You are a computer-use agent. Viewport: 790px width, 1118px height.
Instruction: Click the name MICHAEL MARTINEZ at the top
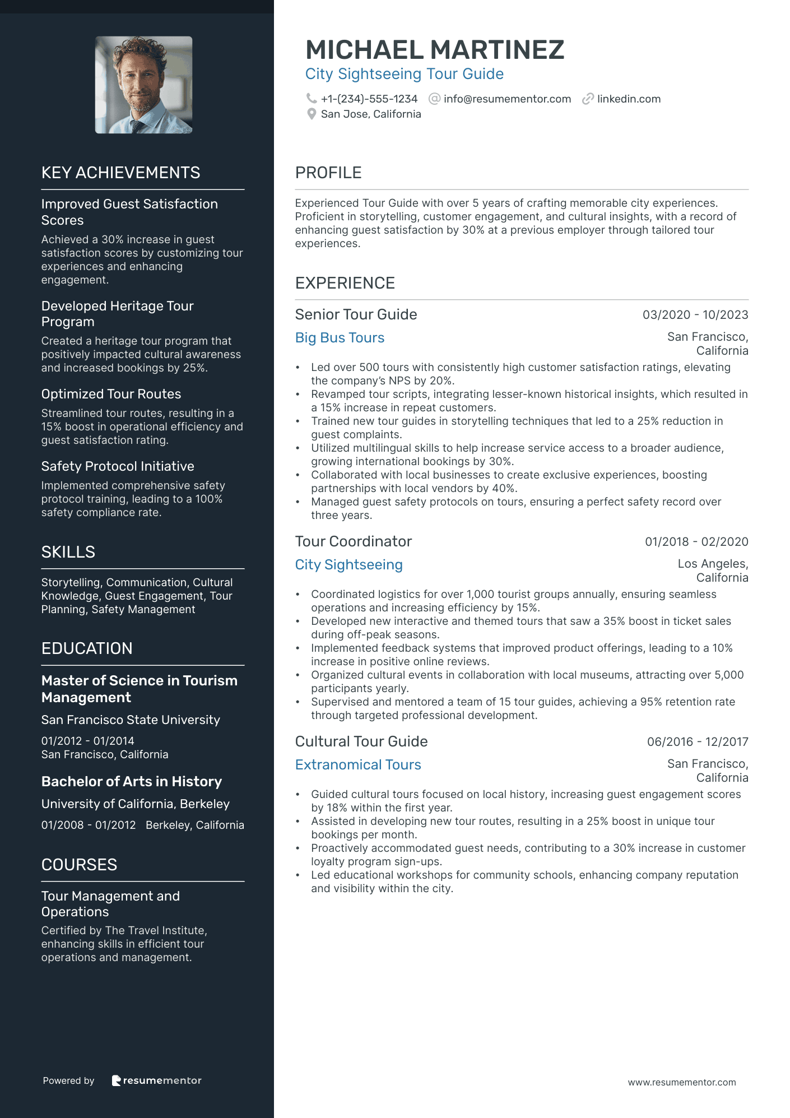[435, 50]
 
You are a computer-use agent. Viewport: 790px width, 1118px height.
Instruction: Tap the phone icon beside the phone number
[311, 99]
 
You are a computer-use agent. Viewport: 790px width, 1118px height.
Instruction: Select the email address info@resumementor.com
[507, 99]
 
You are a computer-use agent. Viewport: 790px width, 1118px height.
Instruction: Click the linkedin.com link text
[629, 99]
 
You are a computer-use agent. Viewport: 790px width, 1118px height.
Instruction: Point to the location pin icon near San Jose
[312, 114]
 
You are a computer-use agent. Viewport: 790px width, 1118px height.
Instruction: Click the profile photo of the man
[143, 85]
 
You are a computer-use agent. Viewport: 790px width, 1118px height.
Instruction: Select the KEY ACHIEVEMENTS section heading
[120, 173]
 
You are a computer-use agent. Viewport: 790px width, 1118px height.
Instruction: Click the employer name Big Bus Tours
[340, 338]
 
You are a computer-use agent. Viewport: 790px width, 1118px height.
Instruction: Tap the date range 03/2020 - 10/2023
[695, 315]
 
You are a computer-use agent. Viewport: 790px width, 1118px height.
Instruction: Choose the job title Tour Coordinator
[353, 541]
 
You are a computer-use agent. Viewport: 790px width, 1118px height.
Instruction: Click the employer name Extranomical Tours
[358, 765]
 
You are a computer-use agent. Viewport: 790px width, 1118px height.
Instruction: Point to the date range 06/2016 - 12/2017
[697, 742]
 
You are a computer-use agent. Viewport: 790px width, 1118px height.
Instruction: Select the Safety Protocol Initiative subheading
[118, 466]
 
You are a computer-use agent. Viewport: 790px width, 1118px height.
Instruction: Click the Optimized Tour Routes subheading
[111, 394]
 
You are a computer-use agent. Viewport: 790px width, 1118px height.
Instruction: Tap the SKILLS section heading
[68, 552]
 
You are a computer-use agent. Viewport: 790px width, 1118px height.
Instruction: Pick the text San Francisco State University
[131, 720]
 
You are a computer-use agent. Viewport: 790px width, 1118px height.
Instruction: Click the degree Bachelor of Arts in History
[132, 782]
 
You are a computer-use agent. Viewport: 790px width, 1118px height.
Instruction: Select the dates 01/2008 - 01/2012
[89, 825]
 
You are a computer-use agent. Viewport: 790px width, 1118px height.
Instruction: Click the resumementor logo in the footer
[156, 1080]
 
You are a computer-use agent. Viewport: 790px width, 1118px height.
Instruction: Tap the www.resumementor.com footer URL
[681, 1082]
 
